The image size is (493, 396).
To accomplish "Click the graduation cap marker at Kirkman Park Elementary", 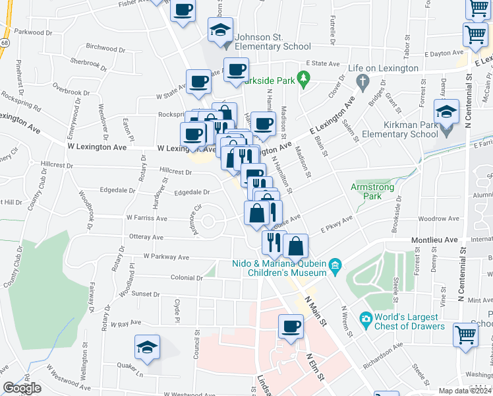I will pyautogui.click(x=446, y=113).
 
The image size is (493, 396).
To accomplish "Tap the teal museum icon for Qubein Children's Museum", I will pyautogui.click(x=335, y=265).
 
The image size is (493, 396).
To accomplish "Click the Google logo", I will pyautogui.click(x=22, y=388).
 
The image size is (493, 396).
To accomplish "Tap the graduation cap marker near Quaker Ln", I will pyautogui.click(x=147, y=347).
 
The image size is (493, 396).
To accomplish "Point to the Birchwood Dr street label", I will pyautogui.click(x=105, y=48).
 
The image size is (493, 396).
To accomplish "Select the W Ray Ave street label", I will pyautogui.click(x=127, y=323).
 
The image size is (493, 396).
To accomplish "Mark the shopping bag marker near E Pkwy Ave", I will pyautogui.click(x=296, y=247).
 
